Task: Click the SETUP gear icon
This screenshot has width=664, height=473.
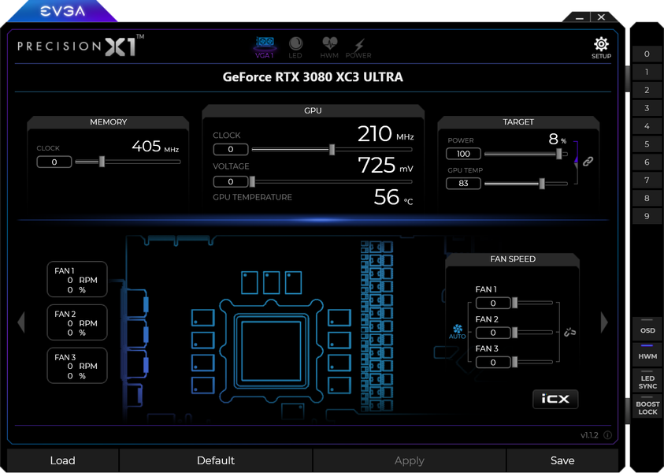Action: click(601, 44)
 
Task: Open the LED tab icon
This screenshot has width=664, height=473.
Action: click(295, 43)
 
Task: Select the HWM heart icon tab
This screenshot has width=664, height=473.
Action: click(329, 43)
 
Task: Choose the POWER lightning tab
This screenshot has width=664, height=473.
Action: click(359, 44)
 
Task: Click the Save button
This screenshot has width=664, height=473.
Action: click(562, 460)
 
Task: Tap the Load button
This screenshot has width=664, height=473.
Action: click(63, 460)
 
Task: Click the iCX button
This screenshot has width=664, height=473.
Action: click(555, 399)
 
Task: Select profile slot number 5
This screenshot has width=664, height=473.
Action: click(647, 144)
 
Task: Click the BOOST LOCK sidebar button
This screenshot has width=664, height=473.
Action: click(647, 407)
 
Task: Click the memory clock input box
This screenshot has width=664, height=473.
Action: click(54, 162)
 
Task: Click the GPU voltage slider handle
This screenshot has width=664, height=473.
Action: click(252, 182)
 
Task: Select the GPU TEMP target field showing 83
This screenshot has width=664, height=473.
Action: click(463, 183)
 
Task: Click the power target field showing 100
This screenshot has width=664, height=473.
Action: click(463, 154)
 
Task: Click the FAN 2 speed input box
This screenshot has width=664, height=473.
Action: click(493, 333)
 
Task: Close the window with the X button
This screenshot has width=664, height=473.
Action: click(601, 17)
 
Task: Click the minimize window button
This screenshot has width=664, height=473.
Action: click(580, 18)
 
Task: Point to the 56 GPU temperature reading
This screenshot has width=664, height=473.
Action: click(386, 197)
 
